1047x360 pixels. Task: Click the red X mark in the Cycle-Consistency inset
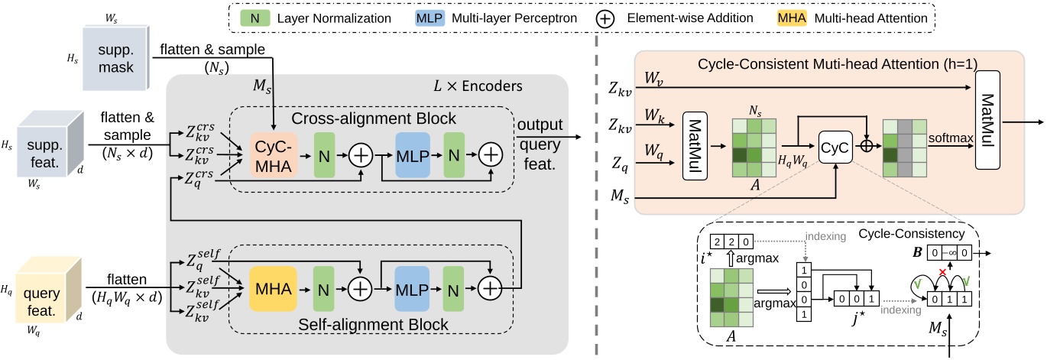pyautogui.click(x=946, y=273)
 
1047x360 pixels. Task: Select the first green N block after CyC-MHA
pyautogui.click(x=323, y=154)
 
